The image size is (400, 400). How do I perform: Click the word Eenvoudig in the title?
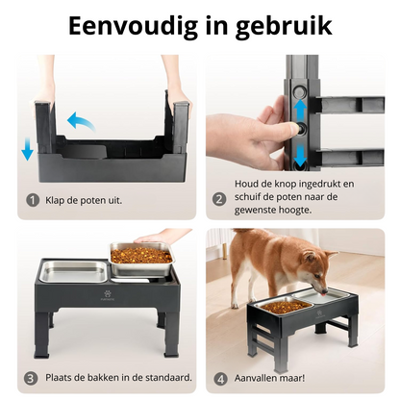coord(127,26)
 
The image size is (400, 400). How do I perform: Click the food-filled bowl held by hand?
coord(139,256)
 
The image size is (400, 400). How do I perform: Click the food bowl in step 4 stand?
coord(288,306)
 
